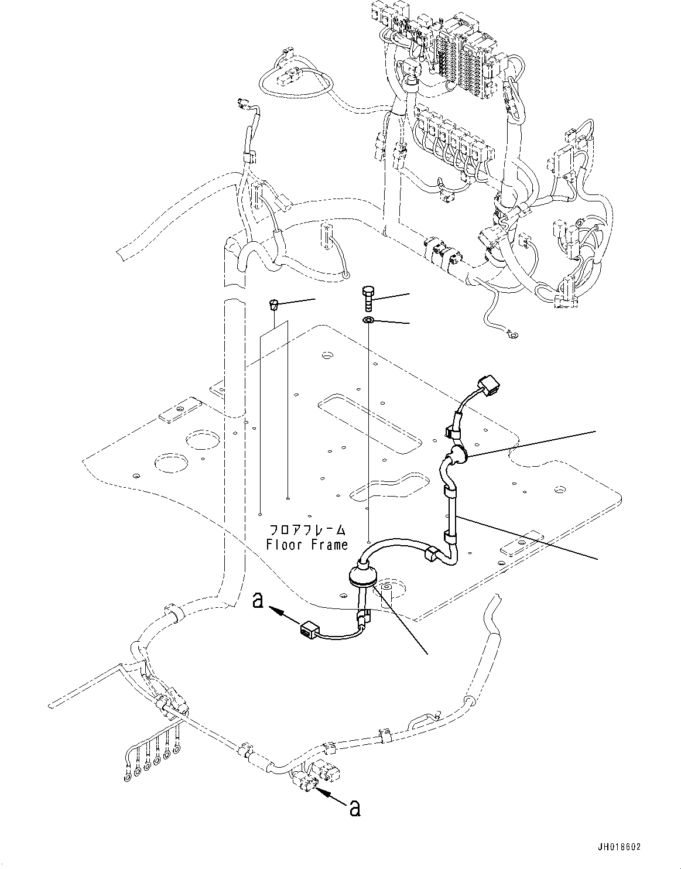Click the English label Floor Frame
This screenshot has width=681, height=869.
[307, 545]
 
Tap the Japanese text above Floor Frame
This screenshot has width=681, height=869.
[307, 531]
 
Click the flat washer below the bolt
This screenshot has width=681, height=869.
[368, 320]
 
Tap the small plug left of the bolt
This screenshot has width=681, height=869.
[273, 303]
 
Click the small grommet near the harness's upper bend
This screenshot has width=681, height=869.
[456, 455]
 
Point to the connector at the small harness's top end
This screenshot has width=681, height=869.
[487, 386]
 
